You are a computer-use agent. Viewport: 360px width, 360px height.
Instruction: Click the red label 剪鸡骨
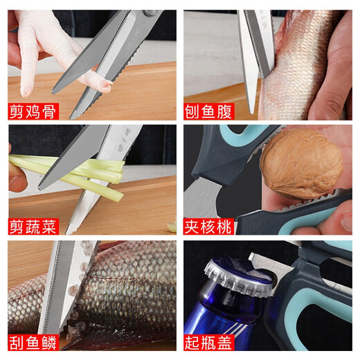tap(33, 109)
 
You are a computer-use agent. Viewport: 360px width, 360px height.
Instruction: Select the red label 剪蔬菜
tap(33, 225)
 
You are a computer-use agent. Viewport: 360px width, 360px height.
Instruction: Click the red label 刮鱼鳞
tap(33, 341)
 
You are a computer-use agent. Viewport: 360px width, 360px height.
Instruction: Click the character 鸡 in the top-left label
tap(33, 109)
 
